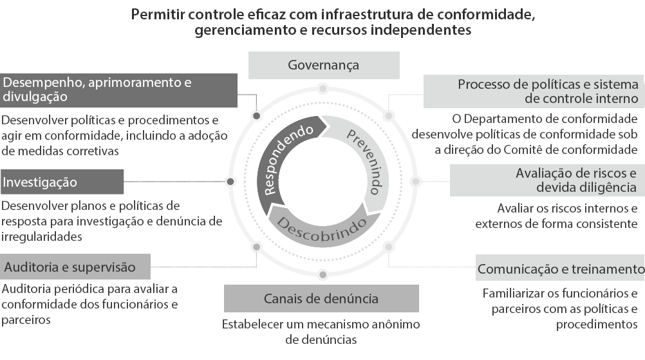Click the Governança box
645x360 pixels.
324,65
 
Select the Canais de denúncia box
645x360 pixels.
321,298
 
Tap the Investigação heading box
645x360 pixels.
62,182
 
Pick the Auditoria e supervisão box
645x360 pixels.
75,267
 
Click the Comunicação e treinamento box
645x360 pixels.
560,268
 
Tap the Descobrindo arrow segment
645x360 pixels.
322,222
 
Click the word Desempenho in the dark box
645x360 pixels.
42,82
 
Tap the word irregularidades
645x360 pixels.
42,236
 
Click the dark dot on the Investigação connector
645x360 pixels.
230,182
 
